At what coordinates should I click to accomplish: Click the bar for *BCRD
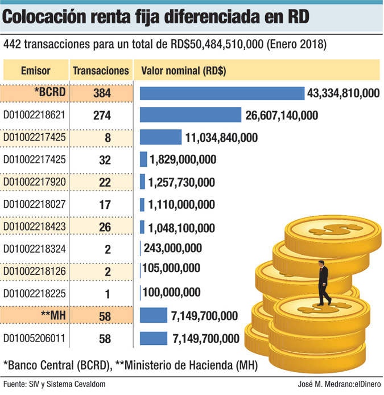[x=222, y=93]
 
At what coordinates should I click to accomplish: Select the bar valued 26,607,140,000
[x=191, y=116]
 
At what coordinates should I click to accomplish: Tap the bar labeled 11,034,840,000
[x=160, y=137]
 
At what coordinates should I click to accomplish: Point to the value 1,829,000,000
[x=183, y=160]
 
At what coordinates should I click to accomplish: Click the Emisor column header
[x=35, y=71]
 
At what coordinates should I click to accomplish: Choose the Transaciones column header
[x=101, y=71]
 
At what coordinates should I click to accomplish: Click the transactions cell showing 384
[x=104, y=93]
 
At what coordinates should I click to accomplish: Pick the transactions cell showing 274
[x=104, y=116]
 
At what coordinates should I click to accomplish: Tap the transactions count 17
[x=104, y=204]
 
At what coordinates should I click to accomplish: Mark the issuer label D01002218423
[x=34, y=227]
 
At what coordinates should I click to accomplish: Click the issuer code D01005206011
[x=34, y=339]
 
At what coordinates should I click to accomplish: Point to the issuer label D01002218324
[x=34, y=249]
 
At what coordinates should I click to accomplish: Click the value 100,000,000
[x=172, y=293]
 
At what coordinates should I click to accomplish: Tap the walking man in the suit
[x=323, y=282]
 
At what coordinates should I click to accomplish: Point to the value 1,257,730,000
[x=181, y=182]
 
